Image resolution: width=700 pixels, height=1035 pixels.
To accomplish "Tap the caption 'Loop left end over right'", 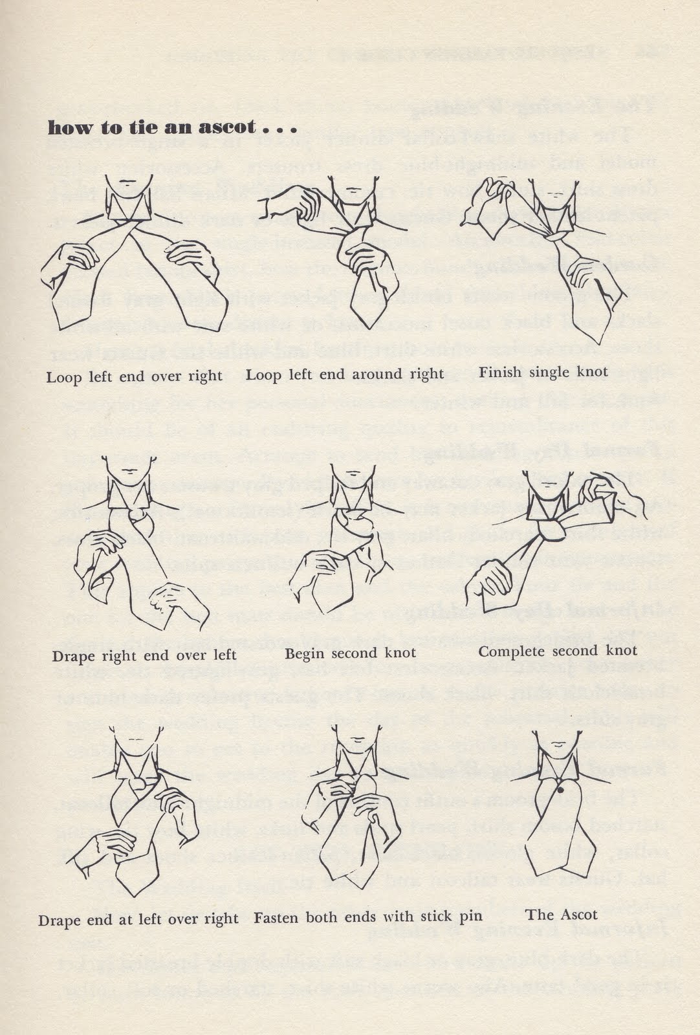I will pos(135,376).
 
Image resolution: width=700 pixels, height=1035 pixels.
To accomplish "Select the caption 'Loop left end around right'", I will pos(345,375).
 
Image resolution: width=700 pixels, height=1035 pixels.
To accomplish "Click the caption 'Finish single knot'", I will pos(543,372).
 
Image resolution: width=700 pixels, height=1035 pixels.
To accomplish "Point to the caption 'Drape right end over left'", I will pos(144,655).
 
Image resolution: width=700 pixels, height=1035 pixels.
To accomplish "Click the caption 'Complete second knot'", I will pos(558,651).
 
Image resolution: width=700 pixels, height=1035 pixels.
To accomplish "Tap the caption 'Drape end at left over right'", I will pos(138,919).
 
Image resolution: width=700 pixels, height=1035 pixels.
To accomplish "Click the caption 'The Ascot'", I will pos(562,915).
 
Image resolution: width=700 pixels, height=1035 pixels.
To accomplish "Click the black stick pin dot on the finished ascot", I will pos(560,789).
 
